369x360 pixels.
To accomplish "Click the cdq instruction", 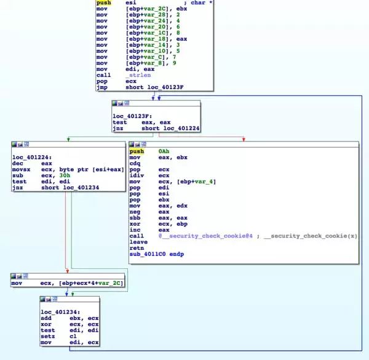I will (135, 163).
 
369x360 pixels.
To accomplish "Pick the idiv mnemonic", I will (136, 175).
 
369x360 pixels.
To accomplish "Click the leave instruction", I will (137, 242).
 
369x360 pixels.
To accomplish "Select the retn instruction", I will (136, 247).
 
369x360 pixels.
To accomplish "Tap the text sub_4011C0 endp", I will (156, 254).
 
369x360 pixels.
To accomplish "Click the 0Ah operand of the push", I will (164, 151).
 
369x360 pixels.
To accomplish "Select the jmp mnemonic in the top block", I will (101, 87).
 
